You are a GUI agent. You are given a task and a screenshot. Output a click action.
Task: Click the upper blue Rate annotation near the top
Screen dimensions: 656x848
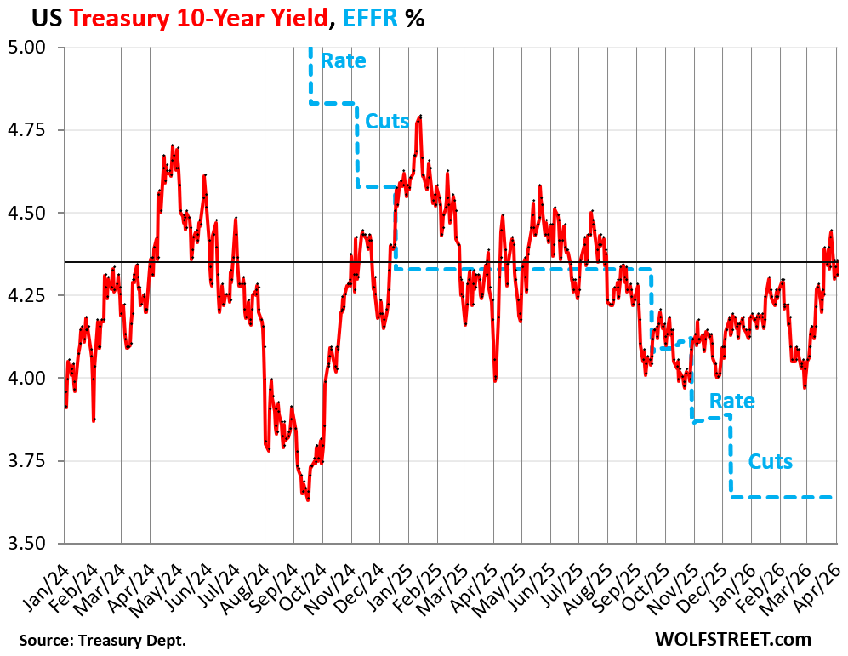tap(344, 61)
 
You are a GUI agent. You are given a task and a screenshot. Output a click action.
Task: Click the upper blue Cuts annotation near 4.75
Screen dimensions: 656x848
tap(387, 121)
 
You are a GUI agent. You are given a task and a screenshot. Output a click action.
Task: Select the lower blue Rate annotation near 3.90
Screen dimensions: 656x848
tap(731, 401)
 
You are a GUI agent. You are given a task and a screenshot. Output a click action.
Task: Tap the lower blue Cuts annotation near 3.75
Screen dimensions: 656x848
tap(770, 461)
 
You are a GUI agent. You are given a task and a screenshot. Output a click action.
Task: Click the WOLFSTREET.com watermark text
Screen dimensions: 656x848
tap(732, 638)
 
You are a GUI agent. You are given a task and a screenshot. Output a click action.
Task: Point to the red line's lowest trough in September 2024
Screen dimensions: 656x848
tap(307, 499)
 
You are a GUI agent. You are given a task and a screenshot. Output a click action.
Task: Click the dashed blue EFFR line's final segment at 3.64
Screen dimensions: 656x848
tap(783, 497)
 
